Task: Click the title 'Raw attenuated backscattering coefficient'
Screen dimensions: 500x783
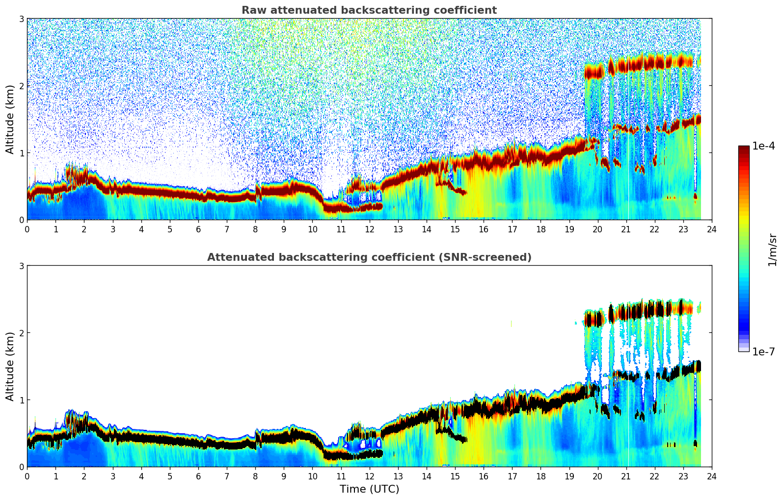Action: coord(369,10)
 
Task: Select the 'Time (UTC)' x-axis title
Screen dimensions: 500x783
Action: coord(369,489)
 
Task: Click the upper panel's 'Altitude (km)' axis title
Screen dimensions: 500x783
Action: coord(10,119)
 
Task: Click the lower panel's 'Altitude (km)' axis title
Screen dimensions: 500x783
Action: coord(10,366)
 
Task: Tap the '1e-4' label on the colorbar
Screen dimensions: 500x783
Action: coord(763,146)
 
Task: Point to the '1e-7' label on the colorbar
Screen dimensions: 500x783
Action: coord(763,351)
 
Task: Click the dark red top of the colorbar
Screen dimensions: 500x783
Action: coord(744,149)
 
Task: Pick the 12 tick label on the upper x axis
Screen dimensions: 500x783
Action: coord(369,229)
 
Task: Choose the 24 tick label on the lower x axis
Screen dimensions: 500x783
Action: coord(712,476)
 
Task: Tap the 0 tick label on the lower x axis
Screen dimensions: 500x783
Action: coord(27,476)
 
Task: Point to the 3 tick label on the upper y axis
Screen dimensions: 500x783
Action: coord(21,19)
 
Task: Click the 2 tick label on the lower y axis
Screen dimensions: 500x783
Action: coord(21,333)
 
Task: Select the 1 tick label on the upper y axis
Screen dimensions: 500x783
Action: coord(21,153)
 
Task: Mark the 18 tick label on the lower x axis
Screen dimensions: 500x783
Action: coord(540,476)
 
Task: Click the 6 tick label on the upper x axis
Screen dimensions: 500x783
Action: coord(198,229)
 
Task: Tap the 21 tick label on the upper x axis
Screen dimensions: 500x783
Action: coord(626,229)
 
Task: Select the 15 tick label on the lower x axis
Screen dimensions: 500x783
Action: coord(455,476)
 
